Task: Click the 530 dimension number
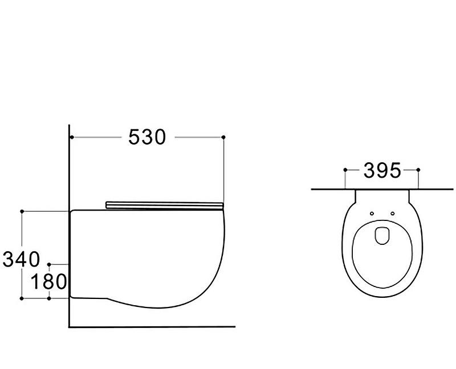[x=147, y=137]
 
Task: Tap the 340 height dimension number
[x=21, y=259]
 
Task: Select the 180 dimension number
[x=48, y=281]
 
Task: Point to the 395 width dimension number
[x=382, y=170]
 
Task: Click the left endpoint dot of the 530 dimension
[x=72, y=137]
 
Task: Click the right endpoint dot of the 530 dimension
[x=223, y=137]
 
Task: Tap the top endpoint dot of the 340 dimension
[x=22, y=211]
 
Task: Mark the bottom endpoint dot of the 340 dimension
[x=22, y=298]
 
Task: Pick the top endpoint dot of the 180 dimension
[x=49, y=264]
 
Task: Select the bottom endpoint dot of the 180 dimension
[x=49, y=298]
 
